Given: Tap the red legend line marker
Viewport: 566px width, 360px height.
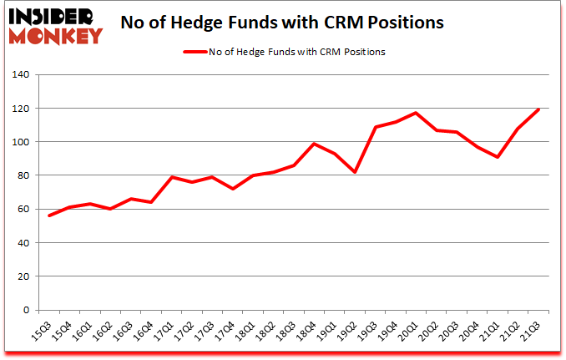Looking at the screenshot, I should (x=201, y=52).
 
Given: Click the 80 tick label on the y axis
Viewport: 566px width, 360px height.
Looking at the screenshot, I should (x=21, y=175).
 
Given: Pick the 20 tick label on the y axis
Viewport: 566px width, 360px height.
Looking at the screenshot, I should (x=21, y=276).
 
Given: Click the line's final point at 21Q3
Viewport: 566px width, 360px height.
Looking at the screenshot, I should (x=538, y=109).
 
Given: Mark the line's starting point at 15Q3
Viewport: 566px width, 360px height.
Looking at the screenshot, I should (x=49, y=215).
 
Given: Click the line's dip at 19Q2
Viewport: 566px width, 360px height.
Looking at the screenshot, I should (x=355, y=172).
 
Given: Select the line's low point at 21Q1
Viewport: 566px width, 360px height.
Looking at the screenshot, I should (x=498, y=157).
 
